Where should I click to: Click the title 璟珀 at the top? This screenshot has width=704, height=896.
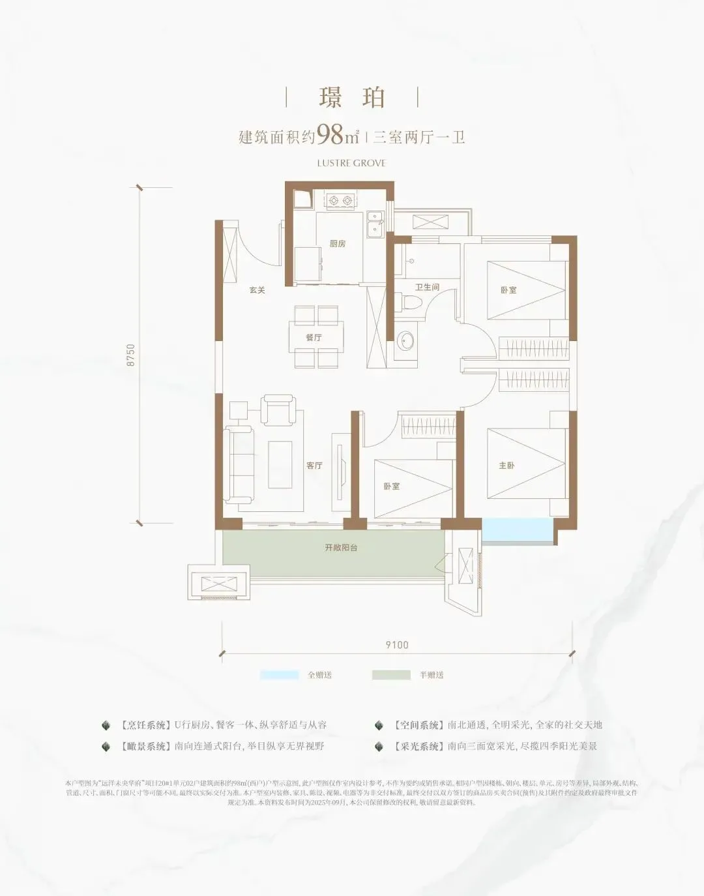pyautogui.click(x=352, y=97)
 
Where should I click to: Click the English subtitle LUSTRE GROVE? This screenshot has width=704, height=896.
pyautogui.click(x=351, y=163)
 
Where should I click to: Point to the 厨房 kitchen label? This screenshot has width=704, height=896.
pyautogui.click(x=338, y=244)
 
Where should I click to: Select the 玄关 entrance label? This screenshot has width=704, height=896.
pyautogui.click(x=257, y=290)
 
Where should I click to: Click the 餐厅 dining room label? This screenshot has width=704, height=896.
pyautogui.click(x=314, y=338)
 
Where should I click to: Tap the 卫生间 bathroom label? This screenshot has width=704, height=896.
pyautogui.click(x=427, y=287)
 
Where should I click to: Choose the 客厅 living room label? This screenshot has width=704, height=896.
pyautogui.click(x=314, y=466)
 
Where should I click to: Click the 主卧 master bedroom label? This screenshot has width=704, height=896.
pyautogui.click(x=506, y=466)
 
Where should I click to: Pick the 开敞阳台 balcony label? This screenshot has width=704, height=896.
pyautogui.click(x=341, y=548)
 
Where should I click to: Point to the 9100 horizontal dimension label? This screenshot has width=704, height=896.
pyautogui.click(x=396, y=645)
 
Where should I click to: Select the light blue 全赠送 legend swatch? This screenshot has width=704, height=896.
pyautogui.click(x=280, y=675)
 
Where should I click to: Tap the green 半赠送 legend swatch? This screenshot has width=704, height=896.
pyautogui.click(x=391, y=675)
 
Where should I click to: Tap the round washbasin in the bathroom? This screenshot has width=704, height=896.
pyautogui.click(x=407, y=341)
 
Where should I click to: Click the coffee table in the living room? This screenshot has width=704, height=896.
pyautogui.click(x=281, y=464)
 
